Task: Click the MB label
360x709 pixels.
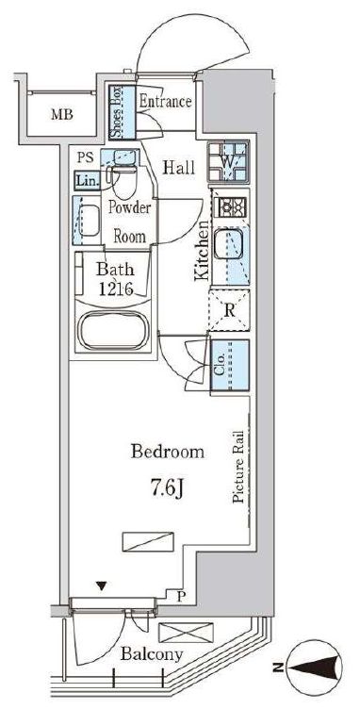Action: point(62,114)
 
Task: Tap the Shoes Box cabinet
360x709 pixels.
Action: point(123,112)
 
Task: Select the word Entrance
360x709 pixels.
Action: point(165,101)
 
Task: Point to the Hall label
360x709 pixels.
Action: point(179,168)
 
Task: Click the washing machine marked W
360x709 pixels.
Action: point(228,161)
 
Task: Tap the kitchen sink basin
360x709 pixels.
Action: point(229,244)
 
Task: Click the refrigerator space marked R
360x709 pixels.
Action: point(229,310)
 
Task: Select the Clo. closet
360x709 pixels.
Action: point(229,365)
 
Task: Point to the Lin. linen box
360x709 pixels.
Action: point(87,181)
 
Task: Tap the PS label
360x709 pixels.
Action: point(85,157)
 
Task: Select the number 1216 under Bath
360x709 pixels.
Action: point(116,289)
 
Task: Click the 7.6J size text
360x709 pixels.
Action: point(166,488)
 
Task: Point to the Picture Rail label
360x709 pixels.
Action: point(238,467)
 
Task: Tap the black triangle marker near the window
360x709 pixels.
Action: point(102,587)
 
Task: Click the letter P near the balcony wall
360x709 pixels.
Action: point(180,598)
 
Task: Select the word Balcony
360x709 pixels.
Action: point(153,653)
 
